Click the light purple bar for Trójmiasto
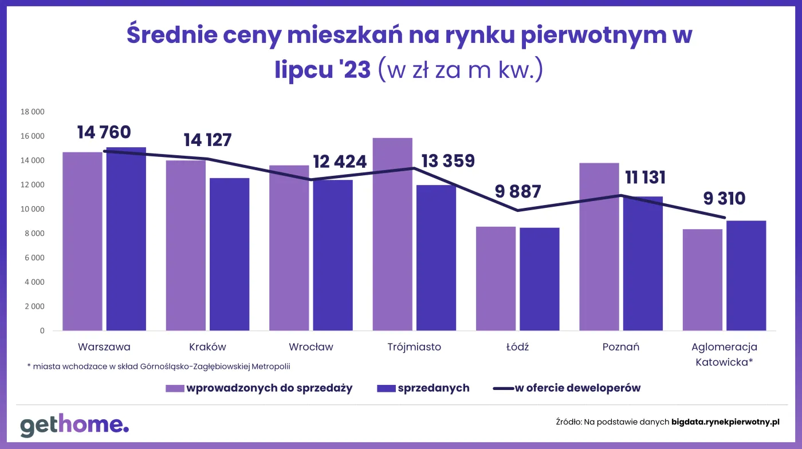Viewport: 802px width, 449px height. click(x=392, y=235)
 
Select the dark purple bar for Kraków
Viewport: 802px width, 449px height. click(x=229, y=254)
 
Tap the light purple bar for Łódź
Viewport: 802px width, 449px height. click(x=496, y=279)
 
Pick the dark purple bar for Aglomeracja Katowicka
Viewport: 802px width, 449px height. click(x=746, y=275)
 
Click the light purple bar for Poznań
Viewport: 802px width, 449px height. click(x=599, y=247)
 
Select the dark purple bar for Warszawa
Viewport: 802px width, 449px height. click(x=126, y=239)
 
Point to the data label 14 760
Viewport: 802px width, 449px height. click(x=104, y=132)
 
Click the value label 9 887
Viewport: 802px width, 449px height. click(x=518, y=191)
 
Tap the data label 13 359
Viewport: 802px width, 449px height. click(x=448, y=161)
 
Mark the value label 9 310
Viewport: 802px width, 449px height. click(x=724, y=199)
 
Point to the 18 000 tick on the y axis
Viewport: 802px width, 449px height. click(x=33, y=112)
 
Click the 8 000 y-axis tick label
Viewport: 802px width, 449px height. click(x=34, y=234)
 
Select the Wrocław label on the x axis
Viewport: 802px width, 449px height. click(x=311, y=347)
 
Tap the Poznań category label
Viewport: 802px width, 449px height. click(x=621, y=347)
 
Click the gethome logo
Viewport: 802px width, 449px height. click(x=74, y=424)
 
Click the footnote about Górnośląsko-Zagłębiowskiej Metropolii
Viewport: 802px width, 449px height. click(x=163, y=366)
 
